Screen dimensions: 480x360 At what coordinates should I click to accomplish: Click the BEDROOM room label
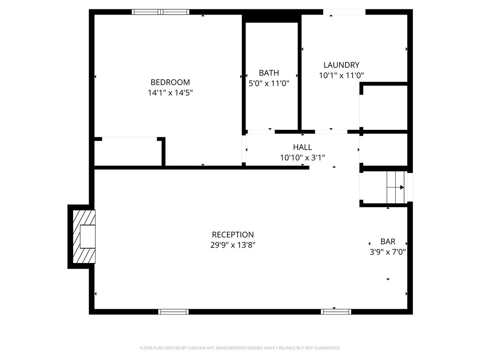[x=170, y=82]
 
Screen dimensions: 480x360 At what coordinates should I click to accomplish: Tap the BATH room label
[x=269, y=73]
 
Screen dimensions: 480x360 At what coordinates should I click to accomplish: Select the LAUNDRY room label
[x=341, y=65]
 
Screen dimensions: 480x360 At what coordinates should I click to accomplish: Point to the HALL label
[x=302, y=147]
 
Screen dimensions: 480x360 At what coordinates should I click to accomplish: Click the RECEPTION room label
[x=233, y=235]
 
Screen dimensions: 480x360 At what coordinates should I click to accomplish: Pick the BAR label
[x=388, y=241]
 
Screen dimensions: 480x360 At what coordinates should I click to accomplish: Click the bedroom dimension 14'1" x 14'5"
[x=170, y=92]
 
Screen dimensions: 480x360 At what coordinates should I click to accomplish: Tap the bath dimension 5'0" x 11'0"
[x=269, y=83]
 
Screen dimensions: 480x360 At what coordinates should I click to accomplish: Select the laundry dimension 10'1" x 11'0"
[x=341, y=75]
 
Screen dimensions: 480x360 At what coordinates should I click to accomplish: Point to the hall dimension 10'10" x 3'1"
[x=302, y=157]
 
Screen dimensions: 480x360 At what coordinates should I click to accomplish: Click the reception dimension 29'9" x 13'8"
[x=233, y=245]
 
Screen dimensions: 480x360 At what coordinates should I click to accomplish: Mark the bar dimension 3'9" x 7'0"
[x=388, y=252]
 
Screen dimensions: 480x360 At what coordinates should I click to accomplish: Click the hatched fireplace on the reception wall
[x=84, y=236]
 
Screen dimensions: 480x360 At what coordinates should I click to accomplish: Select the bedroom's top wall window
[x=160, y=12]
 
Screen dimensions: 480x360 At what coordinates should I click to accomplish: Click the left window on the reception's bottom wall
[x=173, y=312]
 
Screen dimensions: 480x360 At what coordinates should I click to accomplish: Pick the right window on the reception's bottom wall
[x=336, y=312]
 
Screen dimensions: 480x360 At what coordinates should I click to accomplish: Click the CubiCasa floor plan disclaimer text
[x=240, y=348]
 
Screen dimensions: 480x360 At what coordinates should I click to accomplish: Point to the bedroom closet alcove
[x=128, y=152]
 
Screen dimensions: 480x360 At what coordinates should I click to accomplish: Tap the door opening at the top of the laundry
[x=345, y=12]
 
